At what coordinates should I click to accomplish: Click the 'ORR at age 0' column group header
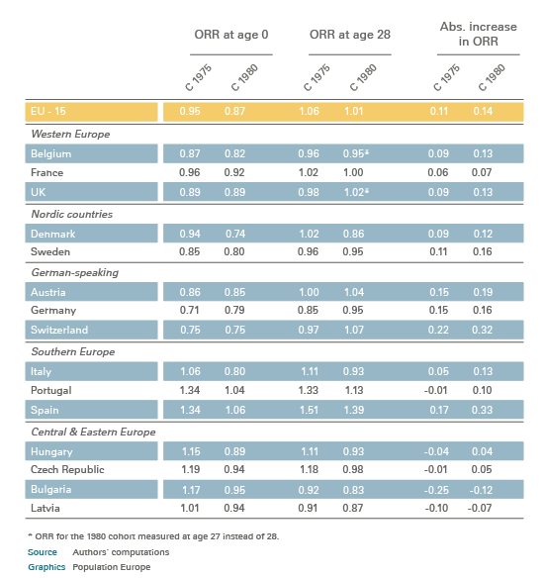231,35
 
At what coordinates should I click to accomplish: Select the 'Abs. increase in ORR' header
479,34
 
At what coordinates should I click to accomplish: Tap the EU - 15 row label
48,111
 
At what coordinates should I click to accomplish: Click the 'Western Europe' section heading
70,134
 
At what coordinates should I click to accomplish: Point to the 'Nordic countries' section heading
72,214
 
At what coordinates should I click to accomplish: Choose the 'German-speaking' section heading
75,273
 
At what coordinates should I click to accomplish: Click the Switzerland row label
59,330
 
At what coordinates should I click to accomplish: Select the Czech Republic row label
67,469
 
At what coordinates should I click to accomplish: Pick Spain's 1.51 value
309,410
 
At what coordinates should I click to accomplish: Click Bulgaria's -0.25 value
436,490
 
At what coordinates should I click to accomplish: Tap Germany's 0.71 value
189,310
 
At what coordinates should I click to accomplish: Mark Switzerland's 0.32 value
482,330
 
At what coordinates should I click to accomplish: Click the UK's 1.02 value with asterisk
356,192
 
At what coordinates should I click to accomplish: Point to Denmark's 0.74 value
235,235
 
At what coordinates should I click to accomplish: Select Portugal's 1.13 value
354,390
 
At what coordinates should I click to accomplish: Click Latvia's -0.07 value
480,508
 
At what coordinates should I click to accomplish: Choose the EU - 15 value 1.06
309,111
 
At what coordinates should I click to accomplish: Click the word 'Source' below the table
43,552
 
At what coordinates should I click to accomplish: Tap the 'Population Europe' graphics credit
112,567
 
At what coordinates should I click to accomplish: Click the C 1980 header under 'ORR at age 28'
364,77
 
